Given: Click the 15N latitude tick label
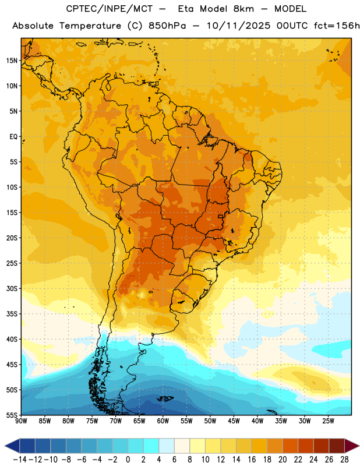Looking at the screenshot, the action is pyautogui.click(x=12, y=61).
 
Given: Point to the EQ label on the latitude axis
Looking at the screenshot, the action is pyautogui.click(x=13, y=137).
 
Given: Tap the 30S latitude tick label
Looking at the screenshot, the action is pyautogui.click(x=12, y=288).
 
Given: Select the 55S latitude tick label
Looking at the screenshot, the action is pyautogui.click(x=12, y=415).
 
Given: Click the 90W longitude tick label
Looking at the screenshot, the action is pyautogui.click(x=21, y=421).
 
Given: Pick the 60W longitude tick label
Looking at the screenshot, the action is pyautogui.click(x=163, y=421).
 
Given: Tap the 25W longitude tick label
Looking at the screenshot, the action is pyautogui.click(x=328, y=421).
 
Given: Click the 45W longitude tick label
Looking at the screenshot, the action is pyautogui.click(x=234, y=421).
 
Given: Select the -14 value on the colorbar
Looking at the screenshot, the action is pyautogui.click(x=20, y=460).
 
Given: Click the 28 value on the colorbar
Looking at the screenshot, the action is pyautogui.click(x=344, y=460).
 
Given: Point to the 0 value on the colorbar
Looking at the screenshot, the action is pyautogui.click(x=128, y=460).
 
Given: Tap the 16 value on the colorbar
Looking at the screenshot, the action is pyautogui.click(x=252, y=460).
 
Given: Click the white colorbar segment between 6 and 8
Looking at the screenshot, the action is pyautogui.click(x=182, y=446).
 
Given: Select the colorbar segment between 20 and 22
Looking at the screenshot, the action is pyautogui.click(x=290, y=446).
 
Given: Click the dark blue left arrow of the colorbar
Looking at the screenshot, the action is pyautogui.click(x=12, y=446).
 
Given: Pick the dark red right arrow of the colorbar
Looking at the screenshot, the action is pyautogui.click(x=352, y=446).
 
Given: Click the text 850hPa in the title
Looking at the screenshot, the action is pyautogui.click(x=167, y=26).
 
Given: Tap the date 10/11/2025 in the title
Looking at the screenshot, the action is pyautogui.click(x=238, y=26).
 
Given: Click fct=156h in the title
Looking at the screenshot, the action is pyautogui.click(x=337, y=26).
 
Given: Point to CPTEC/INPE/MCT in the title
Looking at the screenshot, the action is pyautogui.click(x=110, y=9).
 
